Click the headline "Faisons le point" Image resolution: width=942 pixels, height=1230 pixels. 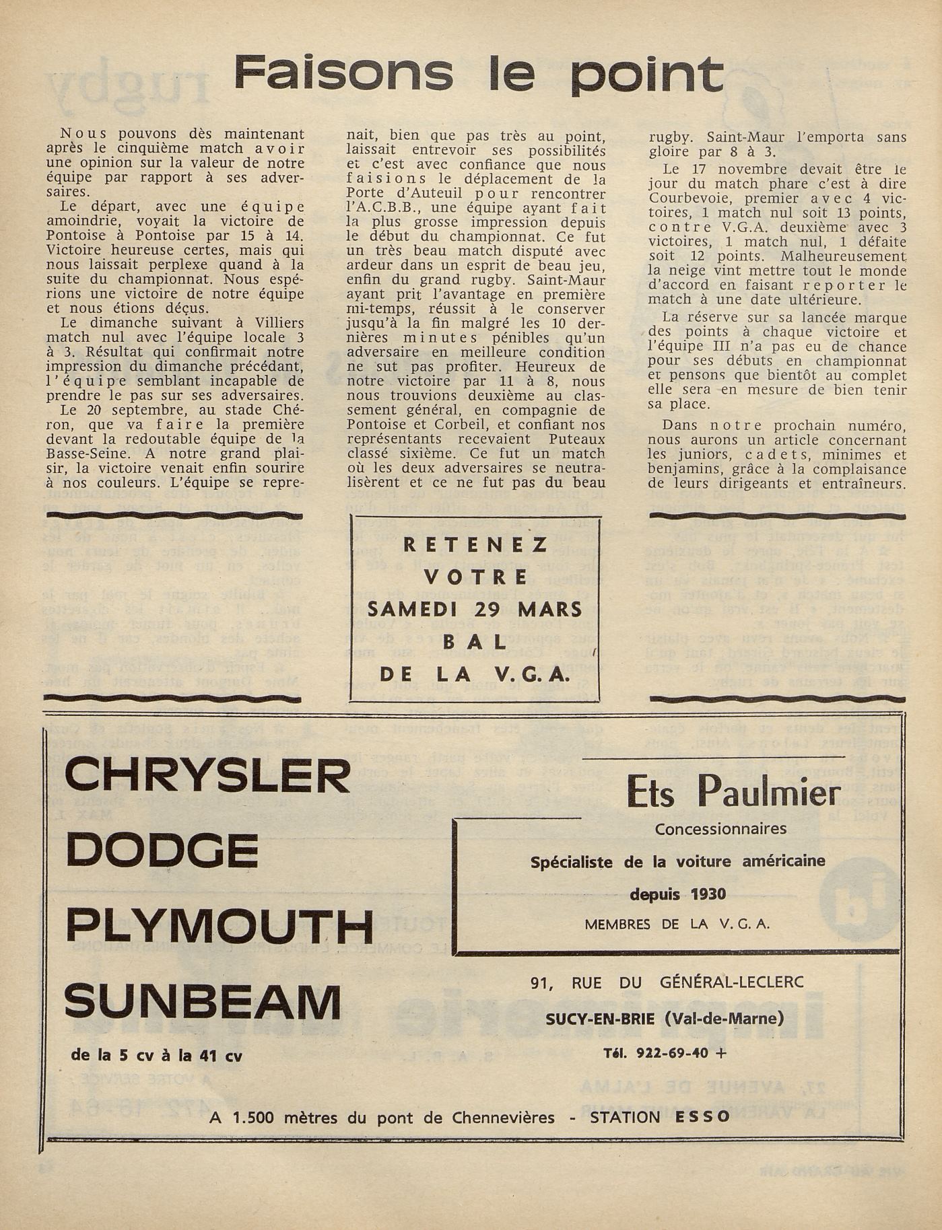tap(478, 73)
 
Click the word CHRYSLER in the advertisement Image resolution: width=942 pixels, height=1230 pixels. tap(207, 776)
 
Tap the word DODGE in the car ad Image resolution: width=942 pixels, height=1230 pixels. tap(162, 851)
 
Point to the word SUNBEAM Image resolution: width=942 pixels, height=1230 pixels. tap(203, 1001)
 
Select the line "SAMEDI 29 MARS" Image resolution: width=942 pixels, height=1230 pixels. tap(475, 610)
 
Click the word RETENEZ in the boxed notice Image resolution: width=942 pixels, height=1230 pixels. tap(475, 545)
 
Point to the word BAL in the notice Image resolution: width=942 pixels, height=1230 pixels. tap(475, 642)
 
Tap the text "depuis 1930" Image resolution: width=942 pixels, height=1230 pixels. tap(677, 894)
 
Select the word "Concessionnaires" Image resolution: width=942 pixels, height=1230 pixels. tap(720, 829)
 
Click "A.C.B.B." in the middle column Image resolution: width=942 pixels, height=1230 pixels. tap(379, 208)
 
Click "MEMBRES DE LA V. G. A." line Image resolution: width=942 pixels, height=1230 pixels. tap(677, 925)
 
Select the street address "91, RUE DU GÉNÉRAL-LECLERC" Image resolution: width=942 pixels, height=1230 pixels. tap(667, 983)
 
